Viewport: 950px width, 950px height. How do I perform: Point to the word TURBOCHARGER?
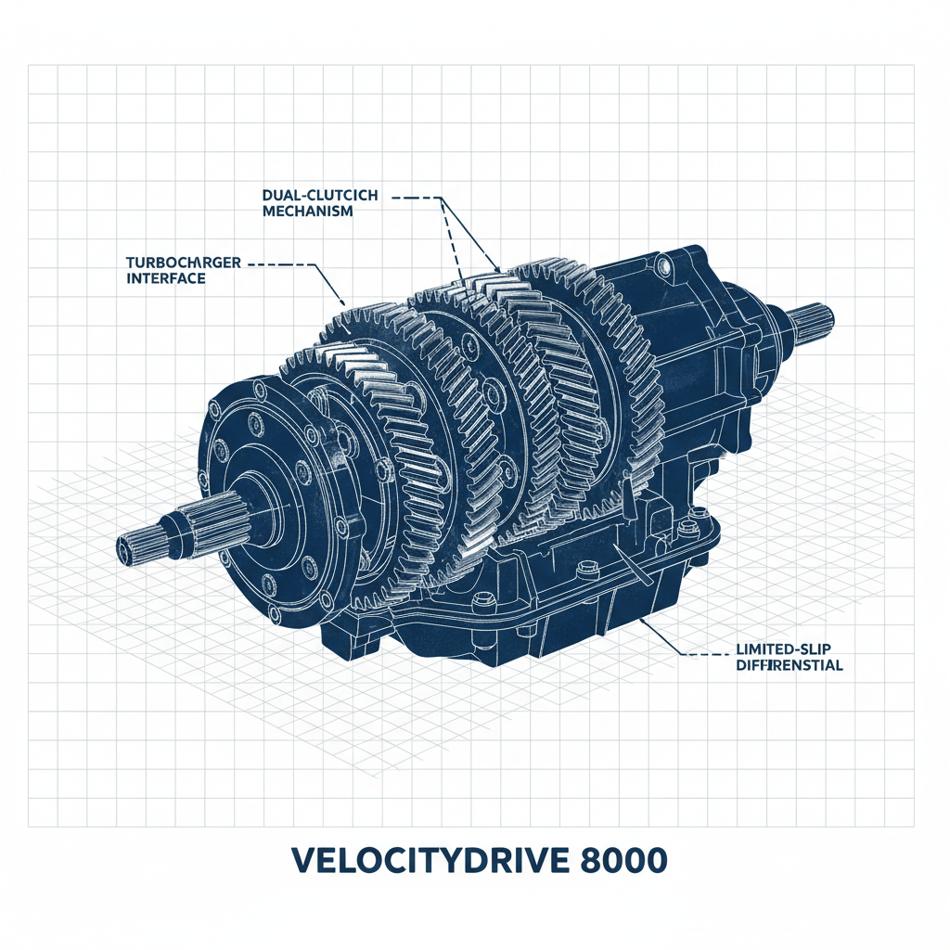(x=182, y=263)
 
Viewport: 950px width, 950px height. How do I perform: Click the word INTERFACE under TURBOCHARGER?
(x=164, y=278)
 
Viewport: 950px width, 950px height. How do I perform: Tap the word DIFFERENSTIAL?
(x=788, y=665)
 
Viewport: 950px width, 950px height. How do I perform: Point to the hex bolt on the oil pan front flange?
(x=479, y=606)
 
